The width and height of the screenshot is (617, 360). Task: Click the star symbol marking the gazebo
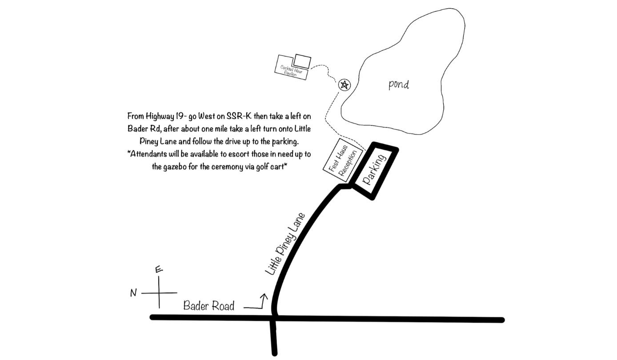345,84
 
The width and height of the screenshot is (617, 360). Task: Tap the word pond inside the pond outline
399,85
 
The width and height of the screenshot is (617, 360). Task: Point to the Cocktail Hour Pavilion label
291,71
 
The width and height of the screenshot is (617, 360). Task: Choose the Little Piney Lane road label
285,244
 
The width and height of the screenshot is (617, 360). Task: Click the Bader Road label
209,306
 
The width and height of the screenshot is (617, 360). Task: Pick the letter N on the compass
133,293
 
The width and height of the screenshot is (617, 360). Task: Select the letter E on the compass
159,269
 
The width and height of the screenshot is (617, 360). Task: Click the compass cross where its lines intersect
159,293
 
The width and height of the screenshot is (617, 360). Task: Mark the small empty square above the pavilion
302,61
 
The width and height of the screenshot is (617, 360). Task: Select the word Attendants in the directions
148,154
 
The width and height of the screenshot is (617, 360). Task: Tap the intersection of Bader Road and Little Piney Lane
274,318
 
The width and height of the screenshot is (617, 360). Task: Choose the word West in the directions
207,116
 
